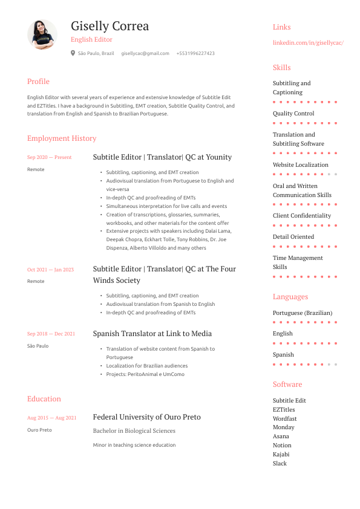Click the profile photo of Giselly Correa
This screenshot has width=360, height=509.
tap(42, 34)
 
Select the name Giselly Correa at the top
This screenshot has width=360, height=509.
tap(110, 26)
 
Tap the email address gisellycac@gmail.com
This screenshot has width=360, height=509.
tap(145, 53)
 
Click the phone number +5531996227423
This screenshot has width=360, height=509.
tap(195, 53)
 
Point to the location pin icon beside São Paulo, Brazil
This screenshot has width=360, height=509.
tap(73, 53)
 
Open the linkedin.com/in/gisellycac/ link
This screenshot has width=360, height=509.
tap(308, 43)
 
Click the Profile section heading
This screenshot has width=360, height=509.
tap(38, 82)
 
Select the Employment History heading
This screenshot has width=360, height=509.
tap(62, 138)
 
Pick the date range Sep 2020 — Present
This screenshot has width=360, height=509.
tap(49, 157)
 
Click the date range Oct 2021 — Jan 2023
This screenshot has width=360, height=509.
tap(50, 270)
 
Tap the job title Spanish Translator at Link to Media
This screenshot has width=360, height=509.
tap(152, 334)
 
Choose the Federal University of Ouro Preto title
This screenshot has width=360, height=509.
tap(146, 417)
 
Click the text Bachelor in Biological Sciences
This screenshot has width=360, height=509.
tap(134, 431)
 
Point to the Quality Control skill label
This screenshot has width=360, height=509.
tap(293, 114)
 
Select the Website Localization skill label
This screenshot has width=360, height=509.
tap(301, 165)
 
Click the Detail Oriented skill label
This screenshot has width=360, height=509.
tap(293, 237)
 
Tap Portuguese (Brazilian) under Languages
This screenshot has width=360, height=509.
tap(303, 313)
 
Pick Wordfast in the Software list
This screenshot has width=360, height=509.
tap(284, 418)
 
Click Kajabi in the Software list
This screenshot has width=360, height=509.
tap(281, 454)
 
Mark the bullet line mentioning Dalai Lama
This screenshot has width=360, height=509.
tap(168, 231)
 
